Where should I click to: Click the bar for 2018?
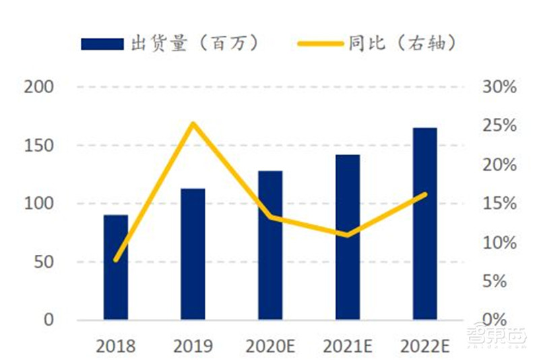pyautogui.click(x=115, y=267)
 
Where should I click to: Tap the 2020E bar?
pyautogui.click(x=270, y=245)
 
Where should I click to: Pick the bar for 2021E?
pyautogui.click(x=348, y=237)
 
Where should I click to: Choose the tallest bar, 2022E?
pyautogui.click(x=425, y=223)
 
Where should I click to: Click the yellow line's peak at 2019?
pyautogui.click(x=193, y=123)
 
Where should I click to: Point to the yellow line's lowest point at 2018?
pyautogui.click(x=116, y=260)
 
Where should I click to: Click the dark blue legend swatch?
pyautogui.click(x=101, y=44)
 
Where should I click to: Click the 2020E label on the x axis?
pyautogui.click(x=270, y=347)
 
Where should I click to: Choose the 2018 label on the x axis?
pyautogui.click(x=115, y=347)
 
